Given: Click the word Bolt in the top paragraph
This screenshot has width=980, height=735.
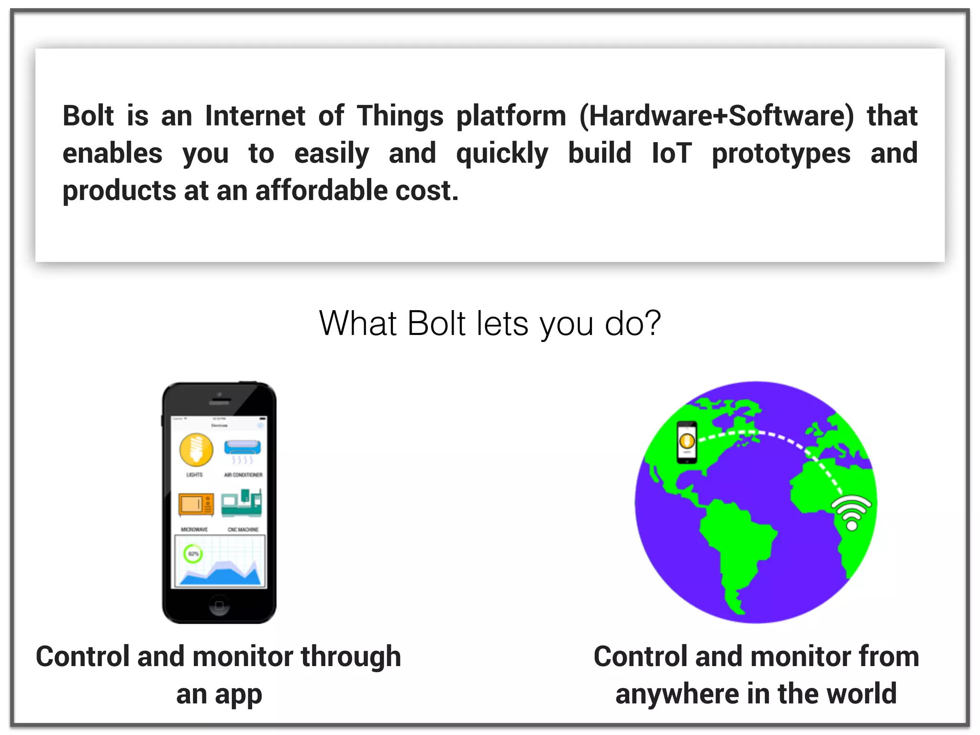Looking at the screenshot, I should tap(88, 116).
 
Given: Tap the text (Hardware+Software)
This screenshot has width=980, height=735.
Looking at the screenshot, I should tap(716, 116).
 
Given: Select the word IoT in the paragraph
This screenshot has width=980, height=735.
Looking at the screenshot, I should tap(672, 154).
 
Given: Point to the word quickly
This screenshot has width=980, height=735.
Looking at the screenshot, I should tap(502, 154).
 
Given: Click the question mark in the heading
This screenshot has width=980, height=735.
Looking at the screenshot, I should tap(652, 323).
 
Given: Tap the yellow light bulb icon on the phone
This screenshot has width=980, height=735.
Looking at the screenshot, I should tap(196, 450).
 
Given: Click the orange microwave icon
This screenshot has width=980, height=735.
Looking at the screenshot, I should tap(196, 505).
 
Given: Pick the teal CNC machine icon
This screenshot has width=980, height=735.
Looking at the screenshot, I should tap(242, 503).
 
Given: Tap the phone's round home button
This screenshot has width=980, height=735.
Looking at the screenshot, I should tap(219, 605).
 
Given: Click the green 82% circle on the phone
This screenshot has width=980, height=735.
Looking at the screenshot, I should tap(193, 554).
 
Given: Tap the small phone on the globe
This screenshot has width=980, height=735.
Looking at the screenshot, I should tap(687, 442).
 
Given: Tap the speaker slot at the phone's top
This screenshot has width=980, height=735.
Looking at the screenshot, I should tap(220, 402).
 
